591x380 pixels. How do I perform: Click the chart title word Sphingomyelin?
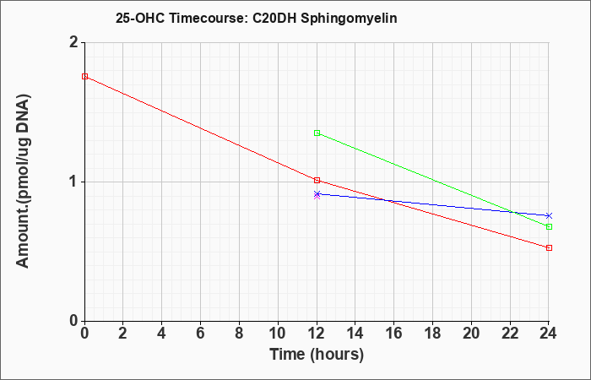[x=349, y=18]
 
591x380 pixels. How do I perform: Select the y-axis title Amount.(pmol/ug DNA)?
[x=23, y=181]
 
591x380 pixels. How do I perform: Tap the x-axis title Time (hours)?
[x=317, y=355]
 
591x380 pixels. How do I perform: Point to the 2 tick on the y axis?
[x=74, y=42]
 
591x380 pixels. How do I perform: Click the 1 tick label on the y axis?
[x=74, y=182]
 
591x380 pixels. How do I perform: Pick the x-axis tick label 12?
[x=317, y=334]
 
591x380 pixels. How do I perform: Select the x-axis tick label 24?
[x=549, y=334]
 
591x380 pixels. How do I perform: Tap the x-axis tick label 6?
[x=201, y=334]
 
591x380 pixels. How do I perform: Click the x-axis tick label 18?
[x=432, y=334]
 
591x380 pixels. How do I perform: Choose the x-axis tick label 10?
[x=278, y=334]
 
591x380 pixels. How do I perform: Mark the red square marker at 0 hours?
[x=84, y=77]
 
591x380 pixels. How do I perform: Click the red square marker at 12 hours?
[x=317, y=180]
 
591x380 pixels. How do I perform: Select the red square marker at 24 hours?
[x=549, y=247]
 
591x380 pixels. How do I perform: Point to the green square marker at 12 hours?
[x=317, y=133]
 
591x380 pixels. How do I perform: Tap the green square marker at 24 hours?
[x=549, y=226]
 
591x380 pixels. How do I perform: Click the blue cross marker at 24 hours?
[x=549, y=215]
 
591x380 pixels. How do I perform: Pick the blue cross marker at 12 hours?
[x=317, y=193]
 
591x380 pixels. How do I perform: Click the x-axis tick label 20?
[x=471, y=334]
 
